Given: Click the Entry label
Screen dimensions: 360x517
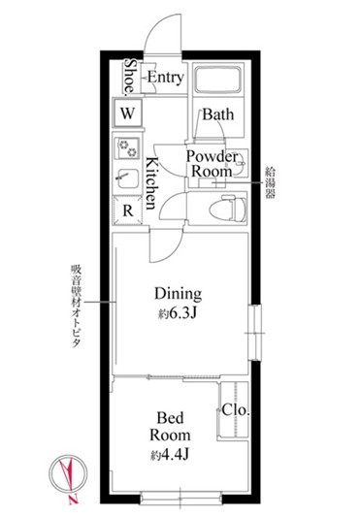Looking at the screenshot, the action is (x=165, y=78).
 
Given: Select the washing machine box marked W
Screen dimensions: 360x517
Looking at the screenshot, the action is (x=127, y=113).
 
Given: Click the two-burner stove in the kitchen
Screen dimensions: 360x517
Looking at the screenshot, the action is (x=127, y=148).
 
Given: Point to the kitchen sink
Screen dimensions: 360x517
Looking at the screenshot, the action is (x=128, y=178).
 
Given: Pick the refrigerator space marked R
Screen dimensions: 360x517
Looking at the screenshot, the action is (x=128, y=210).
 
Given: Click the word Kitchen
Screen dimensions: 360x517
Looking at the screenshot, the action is (x=152, y=183).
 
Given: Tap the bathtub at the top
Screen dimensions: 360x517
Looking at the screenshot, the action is (x=218, y=81).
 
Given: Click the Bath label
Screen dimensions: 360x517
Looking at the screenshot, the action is (x=218, y=114).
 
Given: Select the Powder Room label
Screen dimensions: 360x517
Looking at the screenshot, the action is (x=212, y=164).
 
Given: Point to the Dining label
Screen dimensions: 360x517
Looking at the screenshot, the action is (x=179, y=294).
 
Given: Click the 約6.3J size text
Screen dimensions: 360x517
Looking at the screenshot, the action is (x=178, y=313).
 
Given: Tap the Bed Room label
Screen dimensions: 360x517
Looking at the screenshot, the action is (x=170, y=427).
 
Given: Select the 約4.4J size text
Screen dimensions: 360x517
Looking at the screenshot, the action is (x=170, y=455).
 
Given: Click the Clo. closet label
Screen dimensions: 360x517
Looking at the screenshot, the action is (x=235, y=410).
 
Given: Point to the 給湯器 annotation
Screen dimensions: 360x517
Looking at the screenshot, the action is (x=271, y=182).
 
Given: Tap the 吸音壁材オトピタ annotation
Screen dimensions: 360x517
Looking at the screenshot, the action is (x=77, y=306).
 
